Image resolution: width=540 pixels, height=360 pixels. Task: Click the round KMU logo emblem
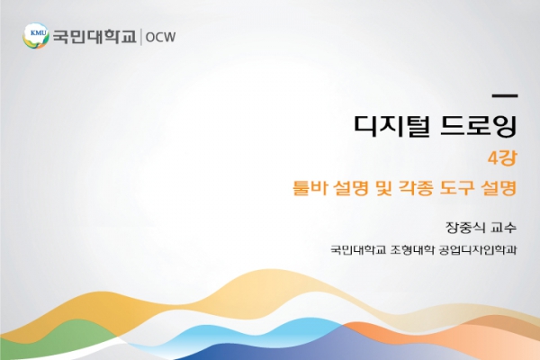click(36, 36)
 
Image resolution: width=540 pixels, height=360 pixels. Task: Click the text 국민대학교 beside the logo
click(94, 37)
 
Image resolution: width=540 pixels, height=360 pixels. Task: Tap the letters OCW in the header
click(160, 37)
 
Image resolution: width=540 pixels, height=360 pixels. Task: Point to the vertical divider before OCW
click(141, 37)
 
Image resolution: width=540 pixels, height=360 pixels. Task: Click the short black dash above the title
click(505, 95)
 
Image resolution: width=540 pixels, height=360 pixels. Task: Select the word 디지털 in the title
click(391, 125)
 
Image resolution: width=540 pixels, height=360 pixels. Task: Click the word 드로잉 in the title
click(479, 125)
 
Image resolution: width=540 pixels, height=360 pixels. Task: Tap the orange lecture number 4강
click(502, 158)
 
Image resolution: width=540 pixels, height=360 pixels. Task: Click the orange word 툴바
click(307, 188)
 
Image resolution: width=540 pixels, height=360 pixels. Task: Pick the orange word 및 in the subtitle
click(383, 188)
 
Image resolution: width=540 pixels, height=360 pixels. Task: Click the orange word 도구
click(456, 188)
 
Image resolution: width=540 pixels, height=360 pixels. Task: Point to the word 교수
click(504, 228)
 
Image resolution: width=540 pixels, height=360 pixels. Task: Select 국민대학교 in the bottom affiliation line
click(358, 249)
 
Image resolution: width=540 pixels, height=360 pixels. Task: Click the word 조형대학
click(413, 249)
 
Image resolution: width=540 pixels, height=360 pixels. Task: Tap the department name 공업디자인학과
click(478, 249)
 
